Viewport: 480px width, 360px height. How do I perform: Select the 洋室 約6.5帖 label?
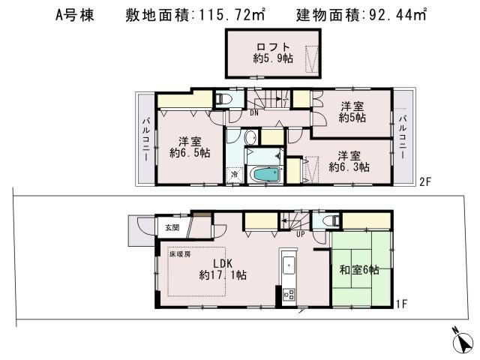pos(189,146)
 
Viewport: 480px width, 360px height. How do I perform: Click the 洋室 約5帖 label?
pos(352,112)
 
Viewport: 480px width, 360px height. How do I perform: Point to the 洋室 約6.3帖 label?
pos(349,161)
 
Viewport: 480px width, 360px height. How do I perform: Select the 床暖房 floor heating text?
pos(178,254)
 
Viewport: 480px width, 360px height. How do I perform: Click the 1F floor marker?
pos(402,304)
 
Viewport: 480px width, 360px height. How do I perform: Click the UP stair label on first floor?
pos(300,234)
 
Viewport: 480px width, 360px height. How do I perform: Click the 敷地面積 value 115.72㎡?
pos(191,14)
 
